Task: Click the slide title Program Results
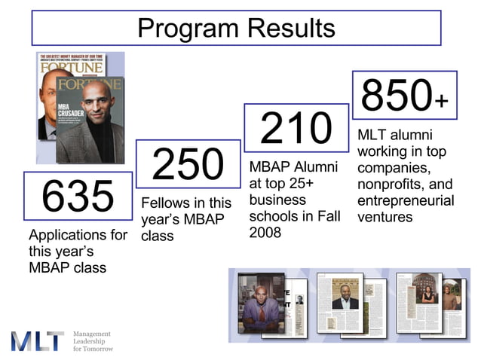(x=236, y=28)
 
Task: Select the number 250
(x=188, y=164)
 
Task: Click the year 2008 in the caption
(x=265, y=233)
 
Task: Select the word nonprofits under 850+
(x=391, y=185)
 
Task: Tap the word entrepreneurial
(x=406, y=201)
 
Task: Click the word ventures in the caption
(x=386, y=217)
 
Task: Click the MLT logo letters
(x=38, y=340)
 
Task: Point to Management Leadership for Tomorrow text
(x=93, y=341)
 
